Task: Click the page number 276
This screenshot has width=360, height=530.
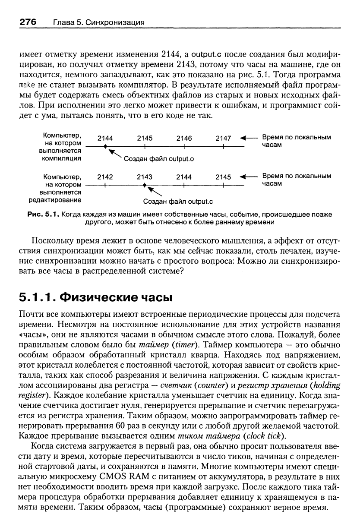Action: point(26,22)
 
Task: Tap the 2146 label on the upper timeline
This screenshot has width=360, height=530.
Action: point(184,139)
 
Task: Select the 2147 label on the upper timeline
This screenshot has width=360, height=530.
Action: point(224,139)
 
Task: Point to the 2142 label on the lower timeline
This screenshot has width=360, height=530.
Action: point(105,177)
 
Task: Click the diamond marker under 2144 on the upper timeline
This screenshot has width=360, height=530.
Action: point(105,147)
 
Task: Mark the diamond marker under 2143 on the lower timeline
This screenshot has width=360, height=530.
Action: point(145,185)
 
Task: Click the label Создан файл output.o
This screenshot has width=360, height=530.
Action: point(159,159)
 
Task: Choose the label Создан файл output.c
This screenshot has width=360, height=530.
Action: point(178,201)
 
